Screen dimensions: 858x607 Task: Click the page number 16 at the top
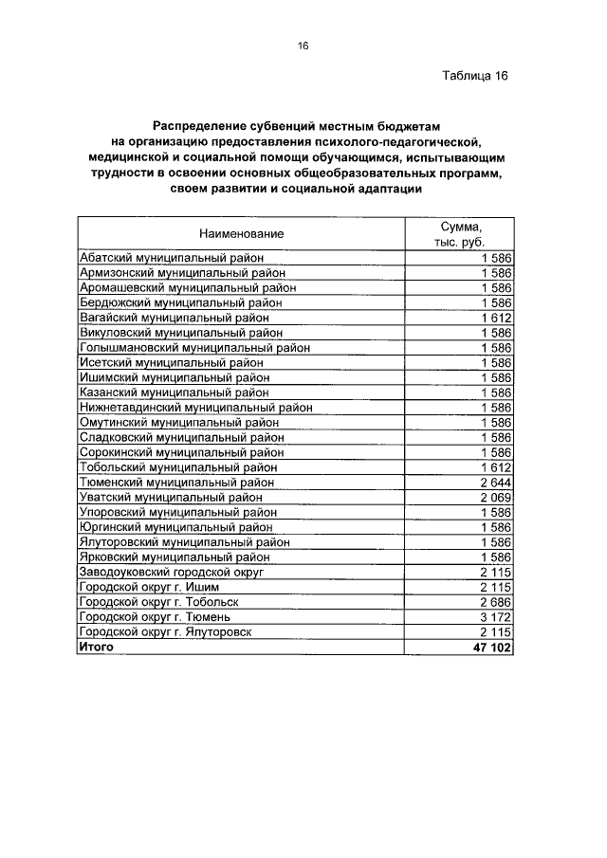click(303, 46)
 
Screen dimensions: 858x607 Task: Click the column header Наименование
click(241, 233)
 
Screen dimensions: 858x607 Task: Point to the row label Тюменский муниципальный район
click(176, 482)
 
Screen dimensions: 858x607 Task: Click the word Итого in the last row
click(96, 647)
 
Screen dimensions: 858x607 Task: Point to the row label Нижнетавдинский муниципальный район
click(196, 407)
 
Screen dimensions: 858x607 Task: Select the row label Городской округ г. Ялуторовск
click(166, 631)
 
